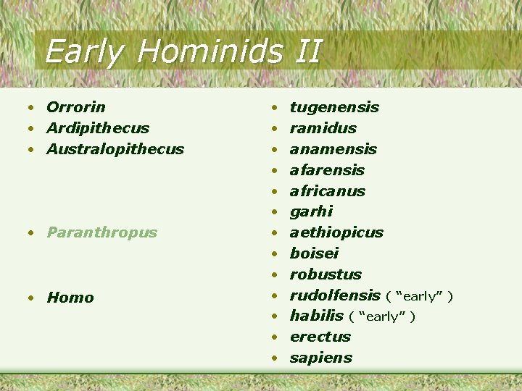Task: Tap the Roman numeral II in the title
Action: pos(307,51)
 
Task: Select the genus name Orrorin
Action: pos(76,107)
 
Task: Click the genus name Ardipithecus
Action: pos(98,128)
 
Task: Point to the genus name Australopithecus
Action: pos(115,149)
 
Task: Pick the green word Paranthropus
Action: pos(101,232)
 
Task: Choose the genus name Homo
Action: pos(70,298)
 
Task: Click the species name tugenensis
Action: pos(334,107)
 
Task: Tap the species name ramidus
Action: pos(323,128)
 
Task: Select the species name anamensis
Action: pos(333,149)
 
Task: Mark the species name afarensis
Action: pos(327,170)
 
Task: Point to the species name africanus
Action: pos(327,191)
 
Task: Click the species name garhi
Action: pos(311,211)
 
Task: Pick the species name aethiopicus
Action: pos(336,232)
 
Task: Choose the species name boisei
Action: pos(314,253)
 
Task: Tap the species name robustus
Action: pos(326,274)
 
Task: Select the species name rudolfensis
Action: pos(335,295)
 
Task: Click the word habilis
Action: pos(316,316)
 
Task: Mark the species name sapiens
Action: pos(321,358)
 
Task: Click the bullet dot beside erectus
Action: pos(275,337)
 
